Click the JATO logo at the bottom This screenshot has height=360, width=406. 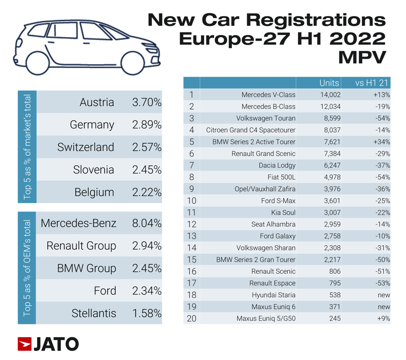[48, 344]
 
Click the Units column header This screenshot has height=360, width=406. [329, 83]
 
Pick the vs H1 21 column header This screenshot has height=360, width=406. [374, 83]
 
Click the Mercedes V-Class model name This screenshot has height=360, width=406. [268, 94]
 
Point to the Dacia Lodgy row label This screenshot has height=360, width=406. [277, 165]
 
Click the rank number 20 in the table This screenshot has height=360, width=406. [191, 319]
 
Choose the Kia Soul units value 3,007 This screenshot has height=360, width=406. [330, 213]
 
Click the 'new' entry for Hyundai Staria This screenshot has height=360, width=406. [384, 295]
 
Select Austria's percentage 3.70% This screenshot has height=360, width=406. [146, 103]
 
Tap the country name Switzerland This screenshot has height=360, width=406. [85, 147]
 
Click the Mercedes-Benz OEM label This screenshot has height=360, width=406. [78, 223]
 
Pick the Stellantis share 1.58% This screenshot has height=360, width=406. [146, 313]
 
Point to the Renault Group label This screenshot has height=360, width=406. [81, 246]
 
